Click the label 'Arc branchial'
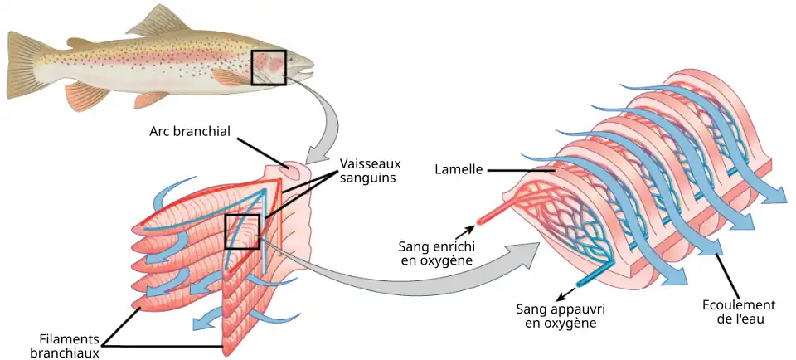click(x=189, y=131)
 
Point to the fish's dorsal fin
click(x=158, y=22)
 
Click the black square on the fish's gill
click(x=269, y=67)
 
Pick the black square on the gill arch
click(x=243, y=231)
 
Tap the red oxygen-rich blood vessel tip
click(x=480, y=221)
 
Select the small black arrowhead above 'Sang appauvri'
click(x=560, y=296)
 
